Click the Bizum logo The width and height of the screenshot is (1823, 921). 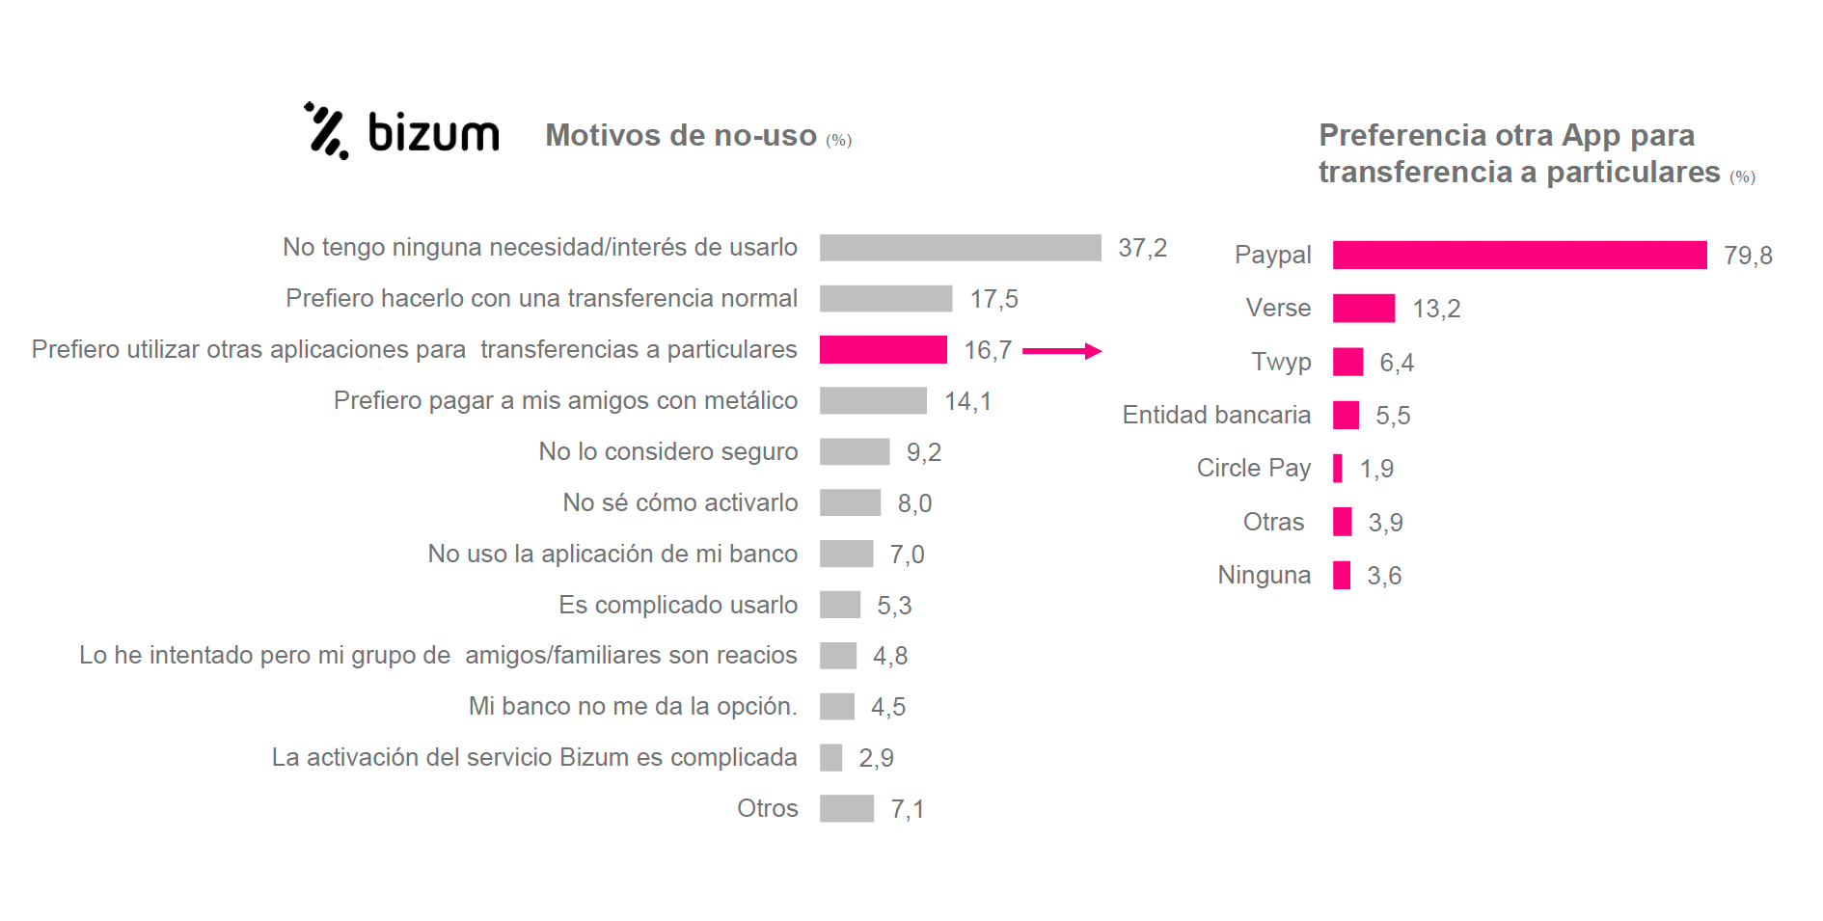point(402,131)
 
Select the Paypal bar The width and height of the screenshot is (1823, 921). point(1519,255)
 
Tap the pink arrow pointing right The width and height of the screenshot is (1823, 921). point(1061,351)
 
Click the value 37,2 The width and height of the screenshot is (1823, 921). point(1142,248)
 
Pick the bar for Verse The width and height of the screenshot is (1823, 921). point(1364,309)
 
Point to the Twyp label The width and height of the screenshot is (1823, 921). point(1281,362)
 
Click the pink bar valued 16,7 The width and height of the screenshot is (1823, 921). point(883,349)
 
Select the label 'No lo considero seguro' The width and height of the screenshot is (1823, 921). point(667,451)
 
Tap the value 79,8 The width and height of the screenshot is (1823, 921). point(1748,256)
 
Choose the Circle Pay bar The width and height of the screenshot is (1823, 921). point(1338,469)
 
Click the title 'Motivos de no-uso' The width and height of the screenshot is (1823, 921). point(681,135)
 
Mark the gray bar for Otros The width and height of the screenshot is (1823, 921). point(847,808)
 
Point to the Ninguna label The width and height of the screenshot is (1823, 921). point(1264,575)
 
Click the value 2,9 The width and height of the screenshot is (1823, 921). point(876,758)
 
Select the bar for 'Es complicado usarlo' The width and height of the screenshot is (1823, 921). point(840,605)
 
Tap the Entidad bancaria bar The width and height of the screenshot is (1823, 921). point(1346,416)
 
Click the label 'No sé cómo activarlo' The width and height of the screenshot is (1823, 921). point(680,502)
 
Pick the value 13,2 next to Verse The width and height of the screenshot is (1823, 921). point(1436,309)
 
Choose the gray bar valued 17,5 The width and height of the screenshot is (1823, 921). point(885,299)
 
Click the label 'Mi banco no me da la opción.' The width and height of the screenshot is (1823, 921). point(633,706)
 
